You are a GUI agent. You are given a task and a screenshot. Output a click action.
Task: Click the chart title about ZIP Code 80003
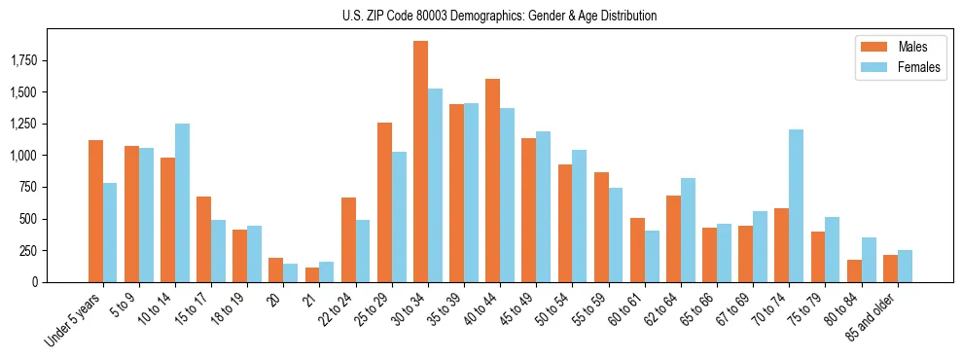pos(499,16)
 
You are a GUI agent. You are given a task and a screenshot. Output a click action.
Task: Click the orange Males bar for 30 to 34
pos(420,162)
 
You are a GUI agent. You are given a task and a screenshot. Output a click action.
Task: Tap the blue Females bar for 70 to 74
pos(796,205)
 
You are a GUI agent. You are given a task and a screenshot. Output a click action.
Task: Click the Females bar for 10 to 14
pos(182,202)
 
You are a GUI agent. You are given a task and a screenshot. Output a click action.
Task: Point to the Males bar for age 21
pos(312,274)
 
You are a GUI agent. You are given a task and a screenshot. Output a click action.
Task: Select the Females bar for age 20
pos(291,272)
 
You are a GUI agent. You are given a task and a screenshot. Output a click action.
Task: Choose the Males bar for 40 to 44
pos(492,180)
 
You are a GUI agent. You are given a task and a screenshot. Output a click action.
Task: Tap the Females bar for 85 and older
pos(905,266)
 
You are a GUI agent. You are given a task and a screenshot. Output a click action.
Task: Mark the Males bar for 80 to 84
pos(854,270)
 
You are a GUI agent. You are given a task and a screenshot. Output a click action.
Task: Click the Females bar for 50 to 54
pos(580,216)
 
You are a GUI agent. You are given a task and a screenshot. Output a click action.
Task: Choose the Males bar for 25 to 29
pos(384,202)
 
